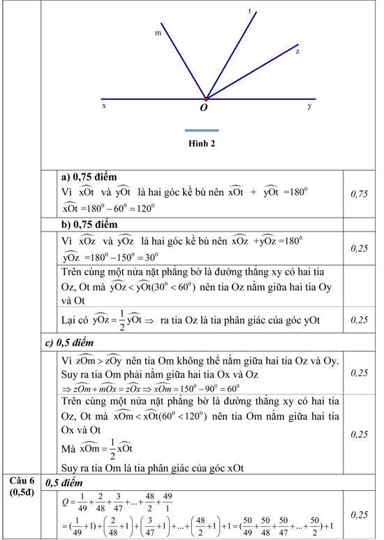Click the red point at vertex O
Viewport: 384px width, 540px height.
pyautogui.click(x=206, y=99)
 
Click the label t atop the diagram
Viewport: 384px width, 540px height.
pyautogui.click(x=249, y=11)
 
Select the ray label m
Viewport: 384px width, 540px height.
pyautogui.click(x=158, y=32)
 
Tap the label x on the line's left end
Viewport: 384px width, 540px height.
pyautogui.click(x=104, y=106)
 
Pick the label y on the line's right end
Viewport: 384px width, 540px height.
pyautogui.click(x=309, y=106)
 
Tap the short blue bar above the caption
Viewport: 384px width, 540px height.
pyautogui.click(x=202, y=130)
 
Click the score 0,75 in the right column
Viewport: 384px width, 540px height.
pyautogui.click(x=358, y=194)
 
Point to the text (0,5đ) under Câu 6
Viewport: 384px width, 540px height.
pyautogui.click(x=22, y=491)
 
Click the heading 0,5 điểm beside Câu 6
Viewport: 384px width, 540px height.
pyautogui.click(x=69, y=483)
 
